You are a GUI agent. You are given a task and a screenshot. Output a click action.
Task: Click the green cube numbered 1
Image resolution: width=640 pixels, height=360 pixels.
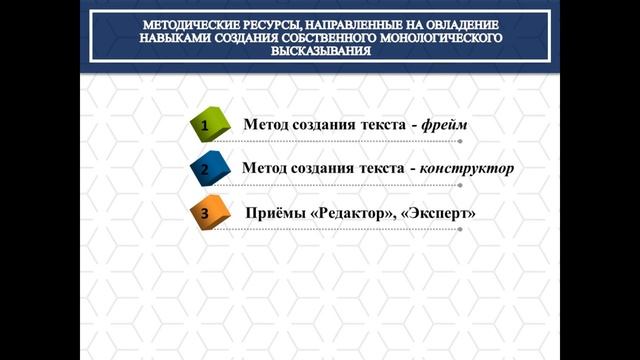(x=206, y=127)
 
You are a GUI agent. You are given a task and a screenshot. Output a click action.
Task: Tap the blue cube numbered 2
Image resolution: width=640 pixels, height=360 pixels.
(x=206, y=169)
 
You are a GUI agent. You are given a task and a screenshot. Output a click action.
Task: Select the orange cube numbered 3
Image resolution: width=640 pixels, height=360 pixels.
(x=206, y=212)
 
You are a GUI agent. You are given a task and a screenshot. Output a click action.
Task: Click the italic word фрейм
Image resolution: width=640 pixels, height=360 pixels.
(x=443, y=125)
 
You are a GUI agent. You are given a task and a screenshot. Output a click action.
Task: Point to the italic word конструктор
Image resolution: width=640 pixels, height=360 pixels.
(x=469, y=168)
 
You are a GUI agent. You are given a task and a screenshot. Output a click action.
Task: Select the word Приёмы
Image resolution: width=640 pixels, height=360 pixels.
(x=275, y=213)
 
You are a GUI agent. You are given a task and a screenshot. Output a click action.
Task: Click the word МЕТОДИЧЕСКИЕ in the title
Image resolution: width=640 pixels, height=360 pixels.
(x=182, y=22)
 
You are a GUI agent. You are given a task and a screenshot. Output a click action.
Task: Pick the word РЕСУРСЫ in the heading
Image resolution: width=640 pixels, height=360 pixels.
(x=261, y=22)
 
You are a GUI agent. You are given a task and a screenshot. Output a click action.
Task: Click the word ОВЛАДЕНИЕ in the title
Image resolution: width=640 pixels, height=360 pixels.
(x=468, y=22)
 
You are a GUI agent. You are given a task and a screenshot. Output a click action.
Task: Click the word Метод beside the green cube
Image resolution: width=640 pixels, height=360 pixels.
(x=267, y=125)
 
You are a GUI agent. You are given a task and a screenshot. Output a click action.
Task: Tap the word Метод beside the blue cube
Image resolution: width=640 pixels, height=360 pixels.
(x=266, y=168)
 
